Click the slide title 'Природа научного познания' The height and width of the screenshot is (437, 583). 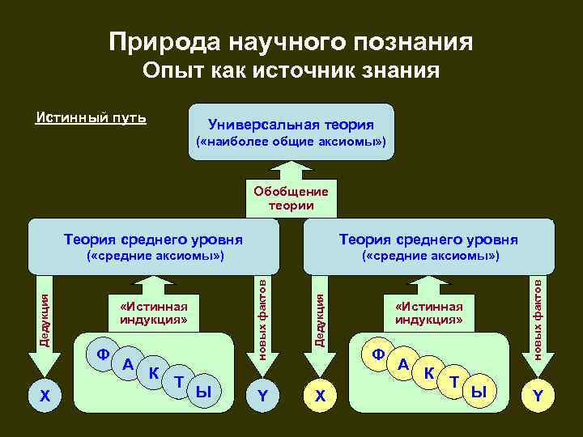click(291, 41)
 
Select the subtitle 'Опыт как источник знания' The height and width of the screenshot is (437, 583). click(291, 71)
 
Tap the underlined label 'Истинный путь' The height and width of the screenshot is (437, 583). click(91, 118)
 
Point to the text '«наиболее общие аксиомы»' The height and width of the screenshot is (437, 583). click(291, 143)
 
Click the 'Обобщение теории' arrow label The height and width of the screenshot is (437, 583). click(291, 198)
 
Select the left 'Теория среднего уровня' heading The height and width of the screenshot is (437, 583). click(154, 240)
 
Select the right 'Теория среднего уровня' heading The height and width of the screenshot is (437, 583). click(428, 240)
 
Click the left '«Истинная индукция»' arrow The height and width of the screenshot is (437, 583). click(153, 312)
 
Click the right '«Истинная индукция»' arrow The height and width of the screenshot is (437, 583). click(428, 312)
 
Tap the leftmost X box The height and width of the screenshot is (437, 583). click(45, 396)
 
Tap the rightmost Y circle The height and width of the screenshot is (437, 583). click(537, 396)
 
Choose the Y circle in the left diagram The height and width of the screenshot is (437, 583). click(262, 396)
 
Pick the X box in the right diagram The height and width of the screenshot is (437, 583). click(321, 396)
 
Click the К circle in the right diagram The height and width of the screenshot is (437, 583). click(428, 373)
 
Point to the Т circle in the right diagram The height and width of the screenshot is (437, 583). click(454, 382)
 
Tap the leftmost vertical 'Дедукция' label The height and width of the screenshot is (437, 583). click(45, 324)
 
